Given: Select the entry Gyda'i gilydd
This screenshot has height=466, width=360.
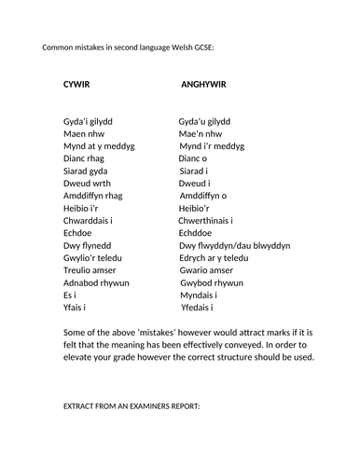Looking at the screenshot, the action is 90,121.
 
